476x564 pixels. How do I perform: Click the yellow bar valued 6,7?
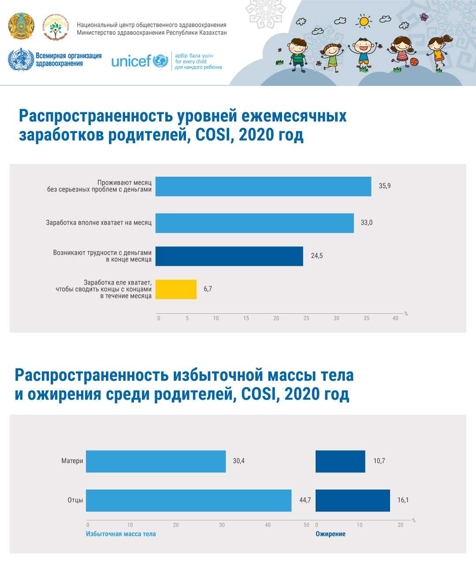(x=176, y=289)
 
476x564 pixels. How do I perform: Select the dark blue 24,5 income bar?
(x=229, y=256)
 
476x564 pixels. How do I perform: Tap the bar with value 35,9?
(x=263, y=186)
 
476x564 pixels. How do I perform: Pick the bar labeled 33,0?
(x=254, y=223)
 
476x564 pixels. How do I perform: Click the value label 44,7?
(x=305, y=500)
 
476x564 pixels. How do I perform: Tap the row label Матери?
(x=72, y=461)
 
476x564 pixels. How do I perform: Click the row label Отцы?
(x=75, y=500)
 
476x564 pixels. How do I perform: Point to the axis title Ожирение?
(x=331, y=534)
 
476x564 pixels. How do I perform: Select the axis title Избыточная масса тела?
(x=121, y=534)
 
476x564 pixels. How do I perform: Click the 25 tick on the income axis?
(x=306, y=318)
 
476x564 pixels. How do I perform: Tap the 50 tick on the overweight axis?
(x=306, y=525)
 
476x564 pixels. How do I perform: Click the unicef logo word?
(x=131, y=61)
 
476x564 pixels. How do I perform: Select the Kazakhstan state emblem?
(x=21, y=26)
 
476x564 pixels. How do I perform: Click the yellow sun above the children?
(x=364, y=21)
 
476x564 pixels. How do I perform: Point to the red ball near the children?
(x=414, y=62)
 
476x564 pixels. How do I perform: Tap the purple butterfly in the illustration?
(x=424, y=17)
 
